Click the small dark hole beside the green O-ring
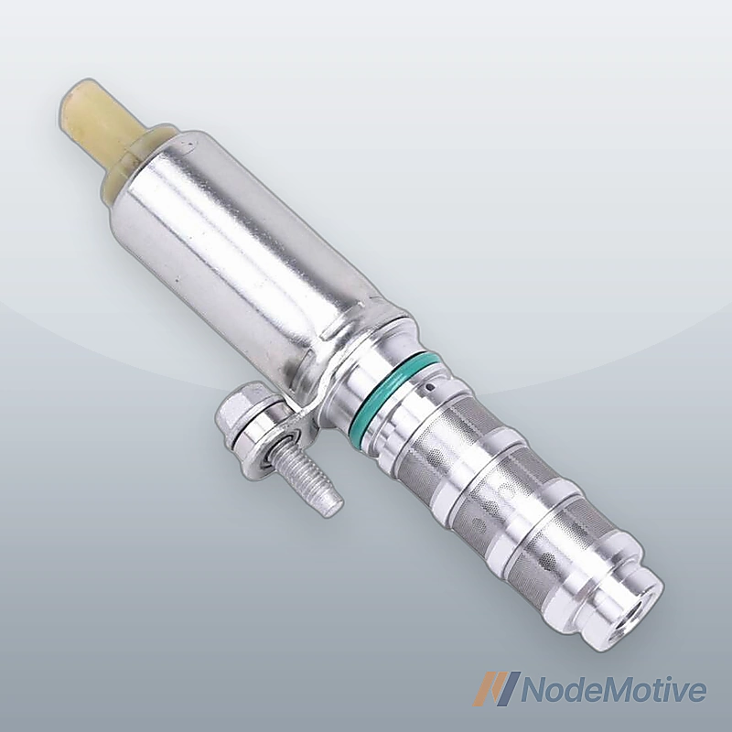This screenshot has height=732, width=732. point(434,387)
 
